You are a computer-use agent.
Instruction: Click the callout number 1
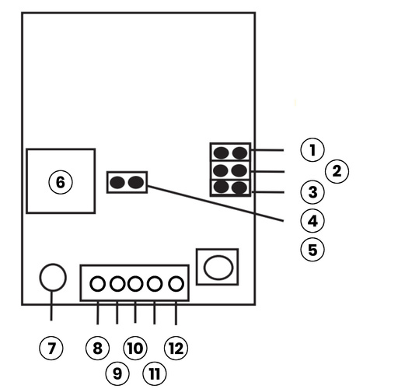(x=312, y=149)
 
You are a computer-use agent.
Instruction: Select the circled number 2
(x=336, y=170)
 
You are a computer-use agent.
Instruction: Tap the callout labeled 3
(x=312, y=191)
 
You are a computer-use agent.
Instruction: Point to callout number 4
(x=312, y=221)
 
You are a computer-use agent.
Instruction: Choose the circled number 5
(x=312, y=250)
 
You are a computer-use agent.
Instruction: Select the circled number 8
(x=97, y=347)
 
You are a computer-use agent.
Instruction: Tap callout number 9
(x=117, y=373)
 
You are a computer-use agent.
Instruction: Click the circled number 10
(x=135, y=347)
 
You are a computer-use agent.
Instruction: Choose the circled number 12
(x=176, y=347)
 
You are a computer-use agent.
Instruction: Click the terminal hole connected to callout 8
(x=97, y=284)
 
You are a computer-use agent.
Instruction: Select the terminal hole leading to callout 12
(x=176, y=284)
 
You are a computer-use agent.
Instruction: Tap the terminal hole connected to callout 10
(x=135, y=284)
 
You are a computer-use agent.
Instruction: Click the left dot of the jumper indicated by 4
(x=117, y=183)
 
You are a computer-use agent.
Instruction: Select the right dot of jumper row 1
(x=240, y=152)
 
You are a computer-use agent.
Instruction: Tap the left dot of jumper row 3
(x=222, y=187)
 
